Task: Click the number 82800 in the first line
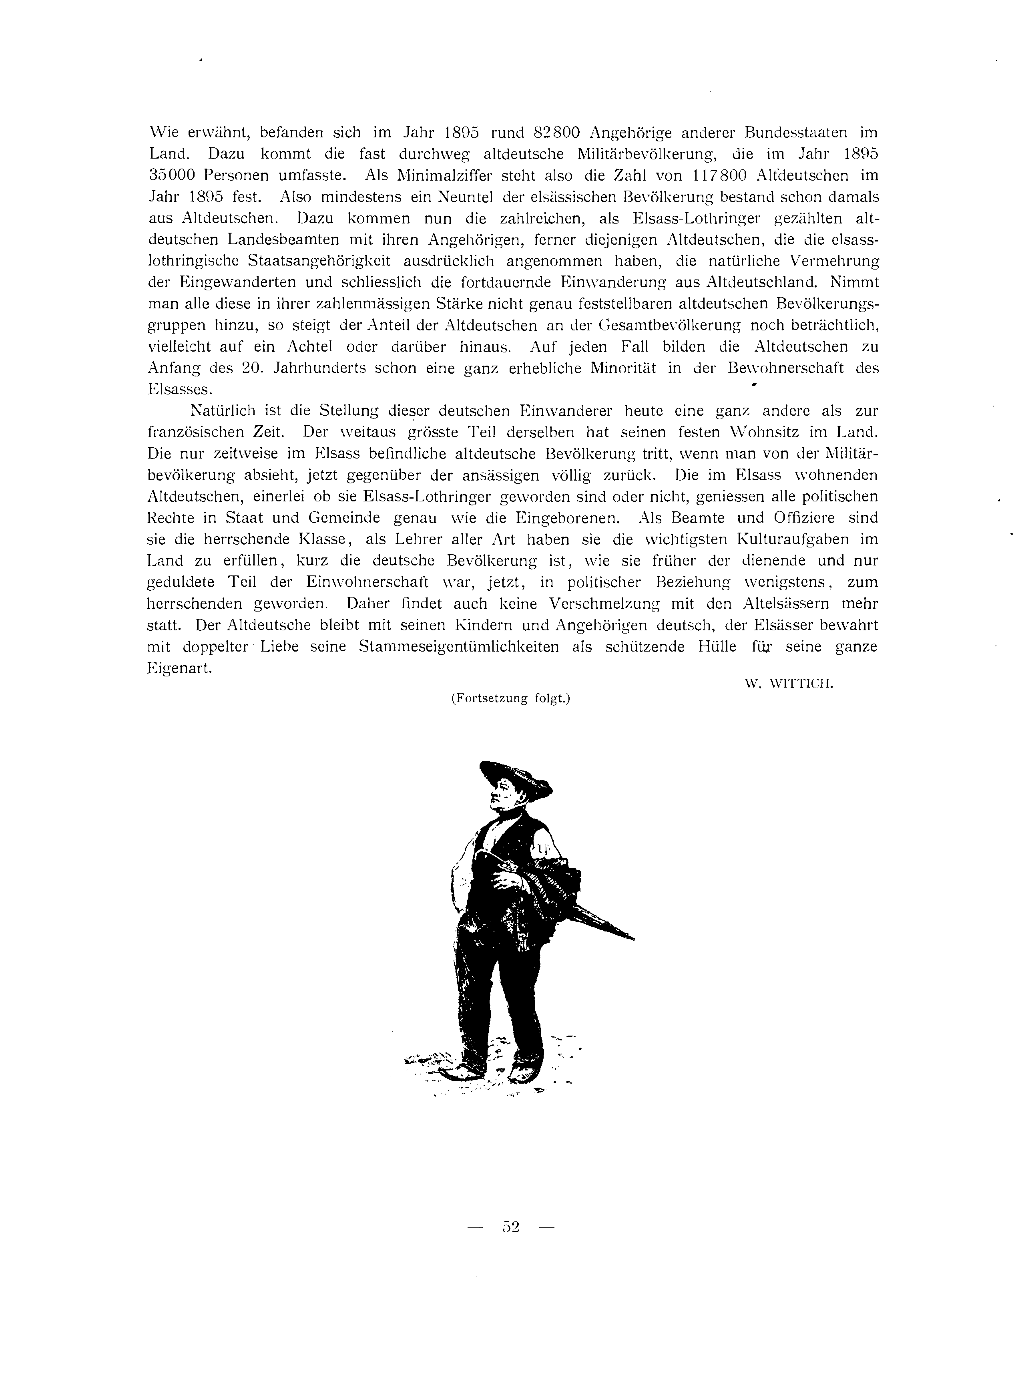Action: tap(556, 132)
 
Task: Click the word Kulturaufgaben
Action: tap(789, 539)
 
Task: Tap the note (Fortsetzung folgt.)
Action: tap(511, 699)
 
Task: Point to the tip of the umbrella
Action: tap(632, 938)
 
